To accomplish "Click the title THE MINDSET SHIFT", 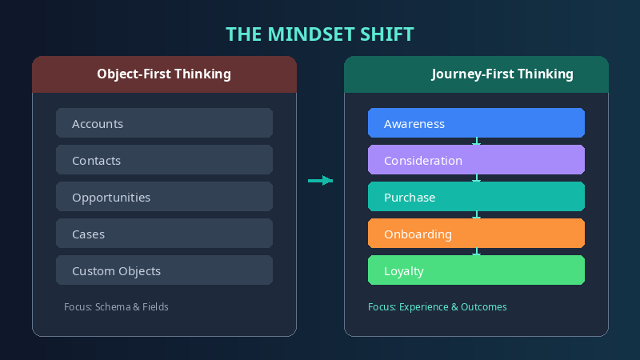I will pyautogui.click(x=320, y=34).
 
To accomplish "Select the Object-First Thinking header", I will pyautogui.click(x=164, y=74).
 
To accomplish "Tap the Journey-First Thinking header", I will pyautogui.click(x=502, y=74).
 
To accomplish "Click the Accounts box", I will pyautogui.click(x=164, y=123).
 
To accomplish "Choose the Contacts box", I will pyautogui.click(x=164, y=160).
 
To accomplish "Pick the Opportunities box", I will pyautogui.click(x=164, y=197).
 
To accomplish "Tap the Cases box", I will pyautogui.click(x=164, y=234).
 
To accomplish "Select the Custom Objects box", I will pyautogui.click(x=164, y=270).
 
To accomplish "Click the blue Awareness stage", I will pyautogui.click(x=476, y=123).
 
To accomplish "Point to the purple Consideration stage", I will pyautogui.click(x=476, y=160).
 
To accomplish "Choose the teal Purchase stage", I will pyautogui.click(x=476, y=197).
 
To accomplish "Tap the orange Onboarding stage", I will pyautogui.click(x=476, y=234).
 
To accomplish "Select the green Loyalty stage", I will pyautogui.click(x=476, y=270).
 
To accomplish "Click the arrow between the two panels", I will pyautogui.click(x=320, y=181).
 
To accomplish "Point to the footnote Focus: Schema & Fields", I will pyautogui.click(x=116, y=306).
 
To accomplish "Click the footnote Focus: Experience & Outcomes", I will pyautogui.click(x=437, y=306).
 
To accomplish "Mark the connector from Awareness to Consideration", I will pyautogui.click(x=477, y=142).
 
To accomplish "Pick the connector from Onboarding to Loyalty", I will pyautogui.click(x=477, y=252).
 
